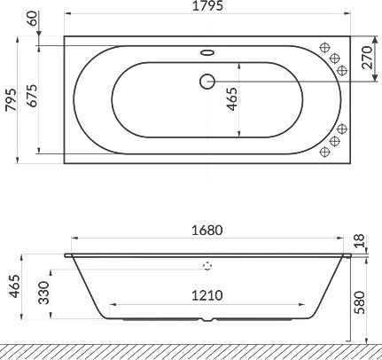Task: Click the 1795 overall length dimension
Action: (x=207, y=6)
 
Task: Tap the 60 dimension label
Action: (x=34, y=19)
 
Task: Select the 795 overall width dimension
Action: (x=11, y=99)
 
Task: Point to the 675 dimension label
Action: (x=32, y=96)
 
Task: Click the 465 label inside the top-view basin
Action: (x=232, y=99)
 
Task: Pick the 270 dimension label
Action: (x=366, y=58)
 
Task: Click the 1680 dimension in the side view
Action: (x=207, y=231)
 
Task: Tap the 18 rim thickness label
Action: (x=359, y=240)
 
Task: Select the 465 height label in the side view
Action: (x=14, y=286)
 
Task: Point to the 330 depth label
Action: (x=44, y=293)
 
